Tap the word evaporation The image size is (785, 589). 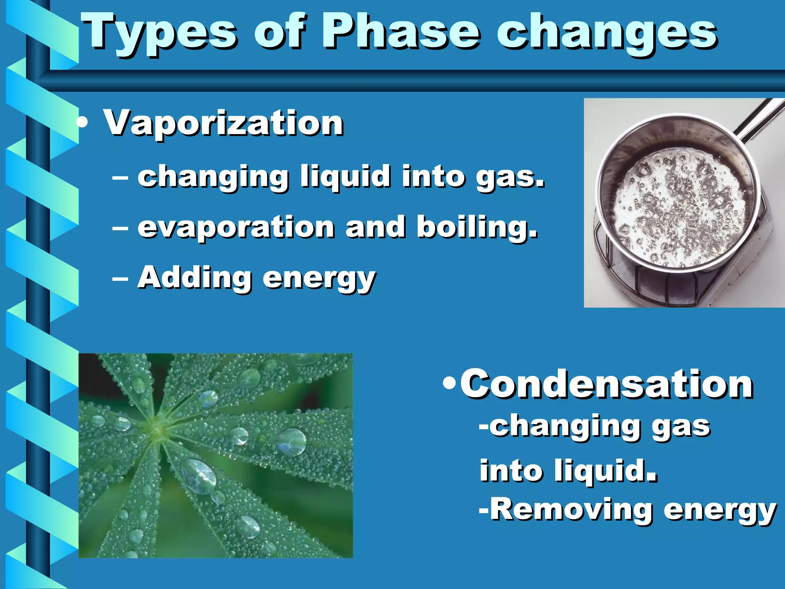236,227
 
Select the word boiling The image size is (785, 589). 476,227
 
